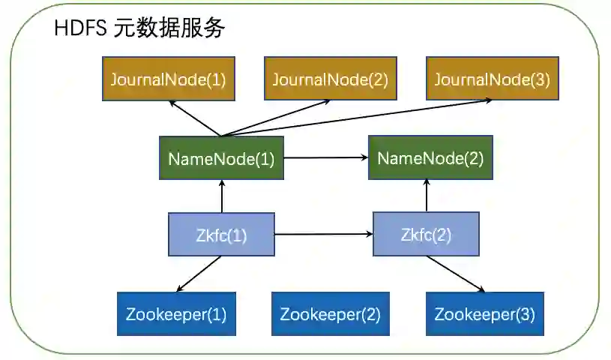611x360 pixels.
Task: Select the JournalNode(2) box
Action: [x=330, y=79]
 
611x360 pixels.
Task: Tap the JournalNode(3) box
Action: [x=491, y=79]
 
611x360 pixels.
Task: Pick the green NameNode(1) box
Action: [x=221, y=158]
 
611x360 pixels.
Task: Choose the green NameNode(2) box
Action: [x=430, y=158]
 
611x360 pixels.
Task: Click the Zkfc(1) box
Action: [x=221, y=235]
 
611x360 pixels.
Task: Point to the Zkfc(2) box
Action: [x=426, y=235]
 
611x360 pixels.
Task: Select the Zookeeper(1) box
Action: [x=177, y=313]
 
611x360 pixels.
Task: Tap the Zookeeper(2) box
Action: [x=330, y=313]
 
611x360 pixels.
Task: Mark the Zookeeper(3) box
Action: [x=484, y=313]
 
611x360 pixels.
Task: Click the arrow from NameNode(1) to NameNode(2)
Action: [x=326, y=158]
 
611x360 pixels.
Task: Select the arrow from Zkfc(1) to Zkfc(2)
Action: [x=324, y=235]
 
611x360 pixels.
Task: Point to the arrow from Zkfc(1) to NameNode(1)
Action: [x=221, y=196]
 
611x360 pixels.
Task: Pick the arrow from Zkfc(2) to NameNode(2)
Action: [x=427, y=196]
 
